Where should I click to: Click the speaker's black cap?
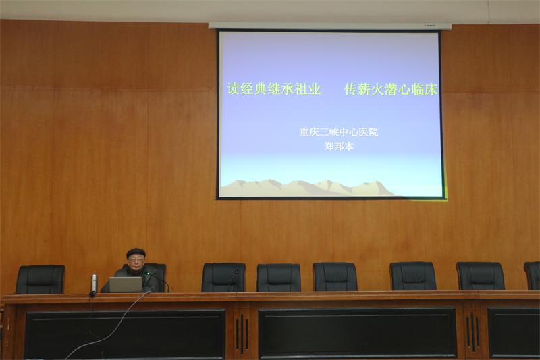pyautogui.click(x=136, y=253)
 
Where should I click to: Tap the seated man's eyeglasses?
pyautogui.click(x=135, y=261)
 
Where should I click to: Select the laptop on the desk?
pyautogui.click(x=126, y=284)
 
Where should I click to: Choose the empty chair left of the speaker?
pyautogui.click(x=40, y=279)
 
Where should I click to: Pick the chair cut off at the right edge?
pyautogui.click(x=532, y=276)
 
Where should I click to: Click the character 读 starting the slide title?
pyautogui.click(x=233, y=89)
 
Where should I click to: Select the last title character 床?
pyautogui.click(x=431, y=89)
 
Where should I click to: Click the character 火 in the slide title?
pyautogui.click(x=378, y=89)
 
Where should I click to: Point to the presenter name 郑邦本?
pyautogui.click(x=340, y=147)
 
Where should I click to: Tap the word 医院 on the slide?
pyautogui.click(x=369, y=132)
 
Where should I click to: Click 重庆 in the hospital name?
pyautogui.click(x=309, y=132)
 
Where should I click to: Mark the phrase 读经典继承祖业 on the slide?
pyautogui.click(x=274, y=89)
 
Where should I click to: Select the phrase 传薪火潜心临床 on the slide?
pyautogui.click(x=391, y=89)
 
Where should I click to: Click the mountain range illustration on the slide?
pyautogui.click(x=306, y=188)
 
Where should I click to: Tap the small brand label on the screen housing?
pyautogui.click(x=429, y=26)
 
